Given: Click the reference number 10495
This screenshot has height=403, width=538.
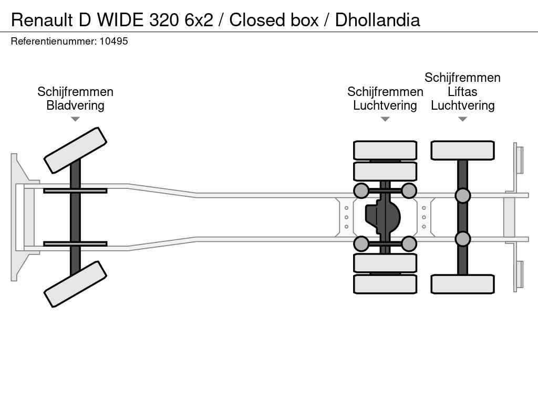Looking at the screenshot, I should pyautogui.click(x=113, y=41).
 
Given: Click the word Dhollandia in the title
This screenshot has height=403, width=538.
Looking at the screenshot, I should pyautogui.click(x=377, y=20).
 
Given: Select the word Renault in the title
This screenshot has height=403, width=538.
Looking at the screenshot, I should pyautogui.click(x=43, y=20).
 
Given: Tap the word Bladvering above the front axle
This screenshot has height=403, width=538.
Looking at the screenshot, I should pyautogui.click(x=75, y=105).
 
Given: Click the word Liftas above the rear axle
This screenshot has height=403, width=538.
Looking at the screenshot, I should pyautogui.click(x=462, y=92).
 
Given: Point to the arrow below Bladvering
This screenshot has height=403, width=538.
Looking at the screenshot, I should pyautogui.click(x=75, y=119).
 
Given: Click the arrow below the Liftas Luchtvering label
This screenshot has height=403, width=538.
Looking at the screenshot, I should pyautogui.click(x=462, y=119).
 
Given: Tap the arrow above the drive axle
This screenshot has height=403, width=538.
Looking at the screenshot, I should pyautogui.click(x=385, y=119).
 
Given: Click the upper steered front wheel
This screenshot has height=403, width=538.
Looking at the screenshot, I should pyautogui.click(x=75, y=150).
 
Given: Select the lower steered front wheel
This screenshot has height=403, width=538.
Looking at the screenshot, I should pyautogui.click(x=75, y=284).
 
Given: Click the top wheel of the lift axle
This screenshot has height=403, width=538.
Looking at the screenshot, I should pyautogui.click(x=462, y=150).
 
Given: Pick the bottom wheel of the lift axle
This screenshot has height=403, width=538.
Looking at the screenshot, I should pyautogui.click(x=462, y=284).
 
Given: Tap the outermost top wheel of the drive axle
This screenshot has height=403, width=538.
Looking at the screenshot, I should pyautogui.click(x=385, y=150).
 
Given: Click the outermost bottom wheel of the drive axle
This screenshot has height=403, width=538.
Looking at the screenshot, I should pyautogui.click(x=385, y=284).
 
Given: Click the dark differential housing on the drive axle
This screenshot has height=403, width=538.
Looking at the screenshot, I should pyautogui.click(x=382, y=216).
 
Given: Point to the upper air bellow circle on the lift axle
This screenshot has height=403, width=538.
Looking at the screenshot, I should pyautogui.click(x=462, y=196).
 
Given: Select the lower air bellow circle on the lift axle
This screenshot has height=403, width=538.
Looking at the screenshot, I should pyautogui.click(x=462, y=239).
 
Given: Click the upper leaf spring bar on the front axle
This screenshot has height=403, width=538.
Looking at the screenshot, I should pyautogui.click(x=75, y=190).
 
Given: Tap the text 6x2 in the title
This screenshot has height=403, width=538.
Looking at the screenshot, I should pyautogui.click(x=201, y=20).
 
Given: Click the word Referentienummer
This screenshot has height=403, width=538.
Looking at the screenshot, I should pyautogui.click(x=53, y=41).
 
